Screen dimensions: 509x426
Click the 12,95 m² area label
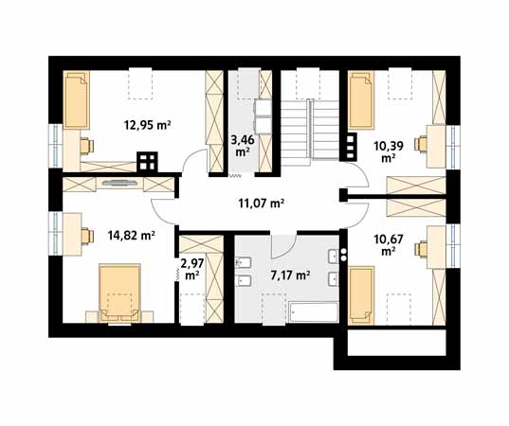tap(147, 125)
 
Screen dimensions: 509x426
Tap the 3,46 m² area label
tap(242, 146)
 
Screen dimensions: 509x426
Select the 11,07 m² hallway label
tap(262, 204)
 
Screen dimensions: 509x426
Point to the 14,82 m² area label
tap(131, 235)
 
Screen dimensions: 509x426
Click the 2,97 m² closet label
tap(192, 270)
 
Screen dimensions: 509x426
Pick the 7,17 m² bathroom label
tap(290, 275)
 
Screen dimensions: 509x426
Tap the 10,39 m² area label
tap(389, 151)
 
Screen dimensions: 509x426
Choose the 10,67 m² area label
tap(389, 245)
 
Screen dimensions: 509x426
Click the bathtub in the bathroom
tap(313, 311)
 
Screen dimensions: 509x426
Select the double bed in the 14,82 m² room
tap(119, 293)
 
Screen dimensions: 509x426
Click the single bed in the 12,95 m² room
tap(76, 99)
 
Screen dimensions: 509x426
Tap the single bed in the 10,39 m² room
tap(361, 99)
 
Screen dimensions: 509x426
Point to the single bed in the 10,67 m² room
tap(361, 295)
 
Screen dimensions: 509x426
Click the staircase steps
tap(310, 130)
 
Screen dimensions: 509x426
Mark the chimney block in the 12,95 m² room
tap(147, 162)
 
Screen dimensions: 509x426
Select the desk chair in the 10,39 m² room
tap(421, 144)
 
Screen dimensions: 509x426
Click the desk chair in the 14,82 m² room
tap(87, 236)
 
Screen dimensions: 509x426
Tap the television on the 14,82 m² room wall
tap(119, 183)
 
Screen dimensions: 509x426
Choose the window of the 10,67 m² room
tap(453, 245)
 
